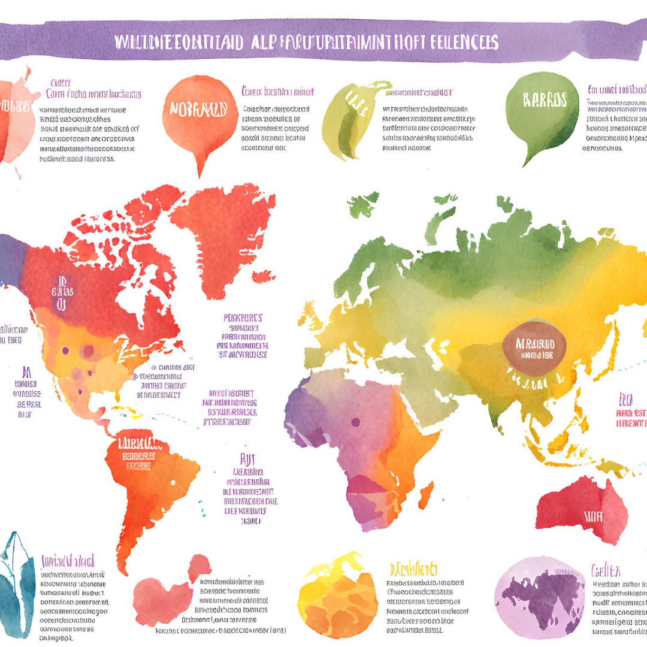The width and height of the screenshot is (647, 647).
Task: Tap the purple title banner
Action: (323, 42)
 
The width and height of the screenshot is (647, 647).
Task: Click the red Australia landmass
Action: (581, 509)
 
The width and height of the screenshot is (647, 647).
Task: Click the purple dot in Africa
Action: (355, 422)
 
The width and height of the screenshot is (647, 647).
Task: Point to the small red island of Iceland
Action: (264, 277)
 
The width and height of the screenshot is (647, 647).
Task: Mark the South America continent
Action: (150, 479)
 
